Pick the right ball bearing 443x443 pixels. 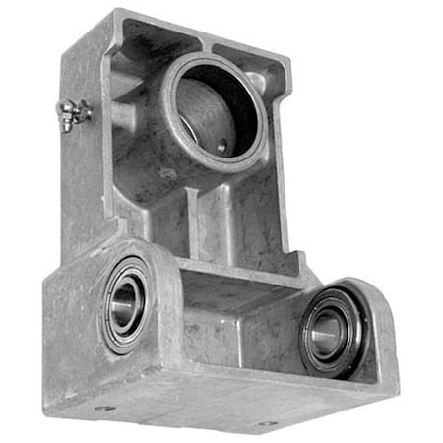pyautogui.click(x=331, y=333)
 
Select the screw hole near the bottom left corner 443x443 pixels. pyautogui.click(x=105, y=407)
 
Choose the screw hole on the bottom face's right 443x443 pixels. pyautogui.click(x=264, y=425)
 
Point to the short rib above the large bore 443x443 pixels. pyautogui.click(x=208, y=39)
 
